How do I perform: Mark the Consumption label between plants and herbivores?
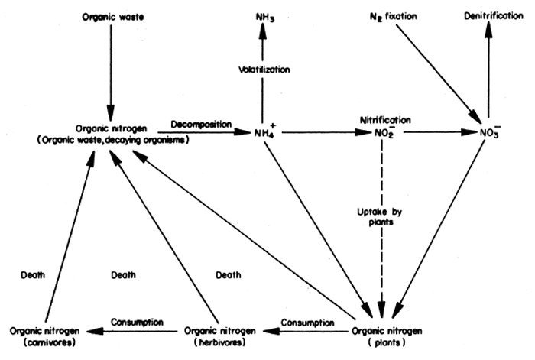point(309,323)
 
